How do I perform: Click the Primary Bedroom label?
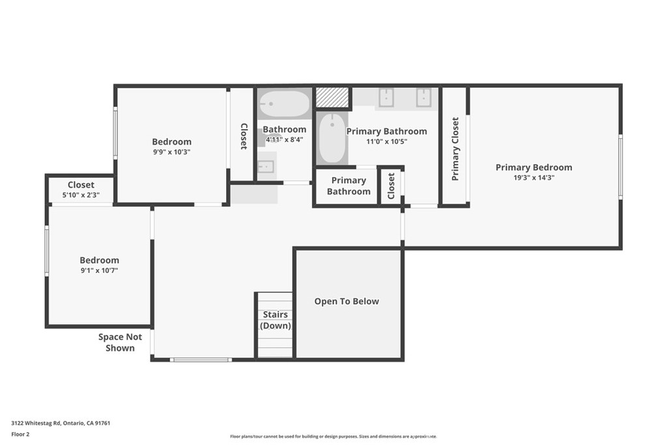534,167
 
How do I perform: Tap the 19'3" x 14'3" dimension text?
534,178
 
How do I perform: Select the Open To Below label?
347,302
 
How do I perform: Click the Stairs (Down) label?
276,320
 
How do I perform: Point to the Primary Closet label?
455,149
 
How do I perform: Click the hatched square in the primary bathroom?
332,98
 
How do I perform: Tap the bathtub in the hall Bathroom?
284,104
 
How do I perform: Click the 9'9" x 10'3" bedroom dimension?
172,152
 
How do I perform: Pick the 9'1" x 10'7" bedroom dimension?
100,270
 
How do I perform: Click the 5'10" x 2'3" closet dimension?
81,195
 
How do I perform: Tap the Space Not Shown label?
120,343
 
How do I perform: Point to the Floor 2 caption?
20,435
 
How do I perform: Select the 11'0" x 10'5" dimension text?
387,141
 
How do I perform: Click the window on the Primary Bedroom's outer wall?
621,166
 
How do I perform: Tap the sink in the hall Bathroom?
266,166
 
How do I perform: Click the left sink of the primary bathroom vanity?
386,98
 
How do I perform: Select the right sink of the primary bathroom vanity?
423,98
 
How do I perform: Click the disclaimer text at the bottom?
333,437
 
